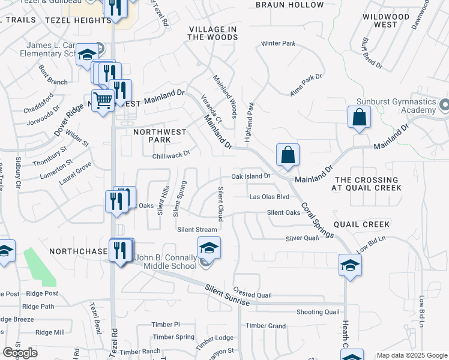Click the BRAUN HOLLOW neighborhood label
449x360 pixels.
coord(289,5)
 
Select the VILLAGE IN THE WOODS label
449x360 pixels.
coord(212,33)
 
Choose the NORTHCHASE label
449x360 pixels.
coord(77,251)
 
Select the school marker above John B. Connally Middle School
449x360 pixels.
coord(209,248)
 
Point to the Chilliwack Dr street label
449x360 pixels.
coord(171,154)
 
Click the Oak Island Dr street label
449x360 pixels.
coord(252,176)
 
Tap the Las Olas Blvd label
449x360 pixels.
coord(270,197)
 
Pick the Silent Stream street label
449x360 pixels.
coord(197,230)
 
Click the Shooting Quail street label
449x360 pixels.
coord(318,312)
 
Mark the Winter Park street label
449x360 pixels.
coord(278,44)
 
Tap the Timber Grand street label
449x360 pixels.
coord(265,326)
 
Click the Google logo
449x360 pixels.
coord(20,353)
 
